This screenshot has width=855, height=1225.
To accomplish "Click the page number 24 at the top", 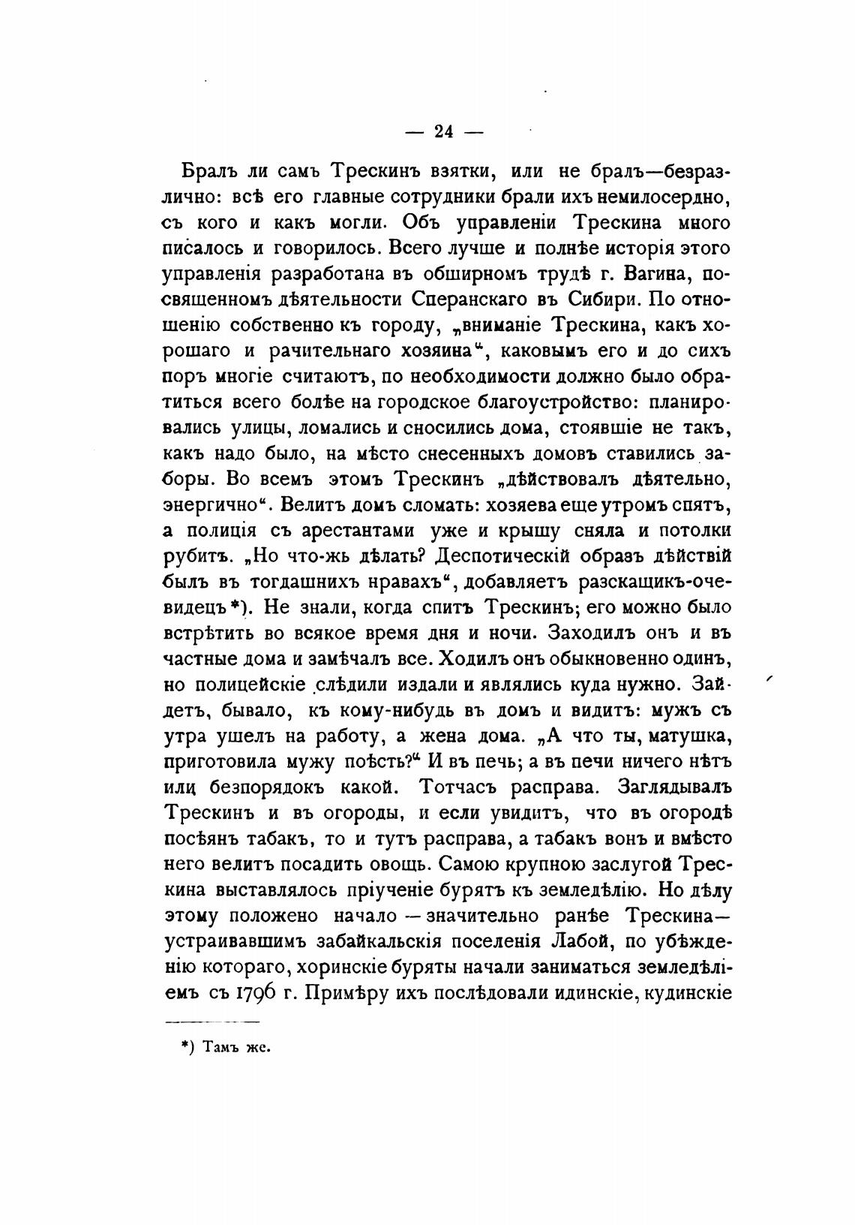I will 444,132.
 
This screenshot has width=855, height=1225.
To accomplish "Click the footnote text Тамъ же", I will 234,1047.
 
